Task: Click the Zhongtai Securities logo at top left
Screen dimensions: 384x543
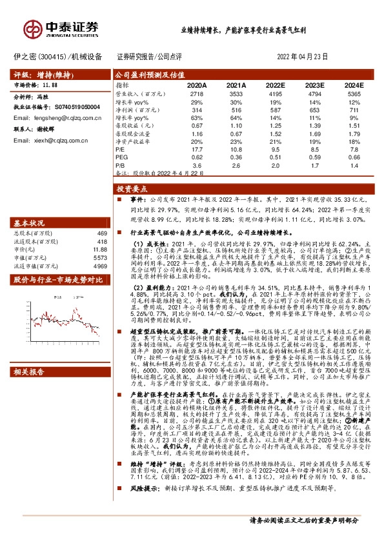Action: tap(61, 27)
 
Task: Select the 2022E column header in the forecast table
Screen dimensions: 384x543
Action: tap(275, 85)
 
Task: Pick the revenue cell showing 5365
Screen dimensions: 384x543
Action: tap(354, 94)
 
